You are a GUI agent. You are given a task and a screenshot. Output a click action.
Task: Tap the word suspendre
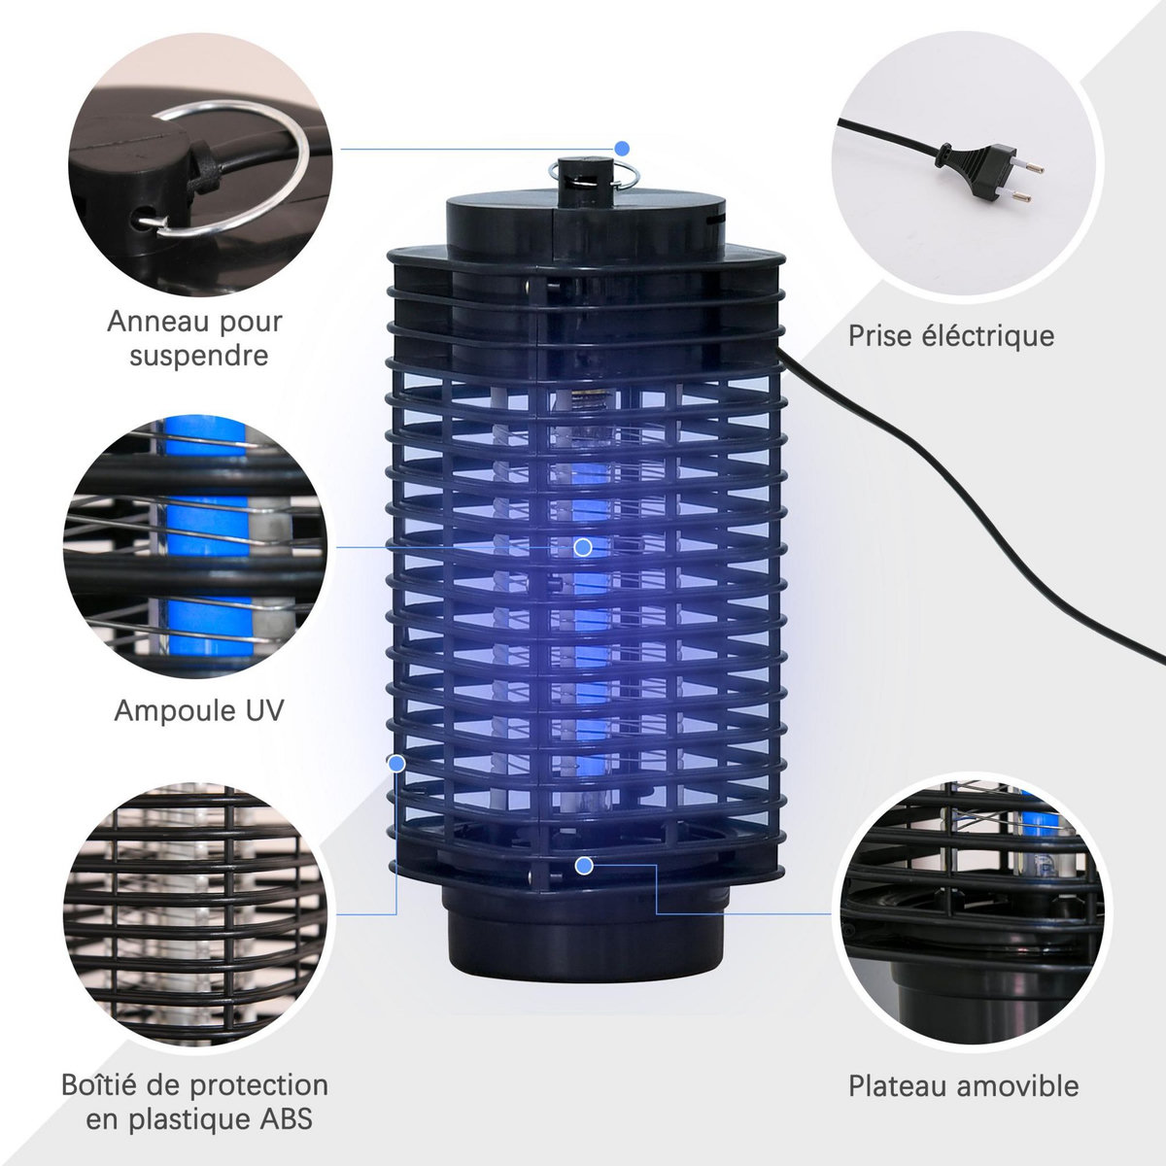click(199, 356)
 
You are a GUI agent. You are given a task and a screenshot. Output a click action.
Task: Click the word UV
click(260, 710)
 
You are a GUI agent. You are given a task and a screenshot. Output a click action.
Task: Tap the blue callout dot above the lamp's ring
click(622, 148)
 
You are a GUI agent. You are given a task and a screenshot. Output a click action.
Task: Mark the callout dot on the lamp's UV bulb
click(583, 547)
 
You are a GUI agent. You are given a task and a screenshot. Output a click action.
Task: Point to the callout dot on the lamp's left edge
click(396, 764)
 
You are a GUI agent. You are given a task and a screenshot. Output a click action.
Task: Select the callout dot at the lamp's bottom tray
click(584, 865)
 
